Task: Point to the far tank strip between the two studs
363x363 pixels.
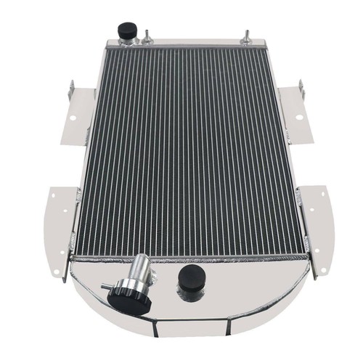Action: (197, 43)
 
